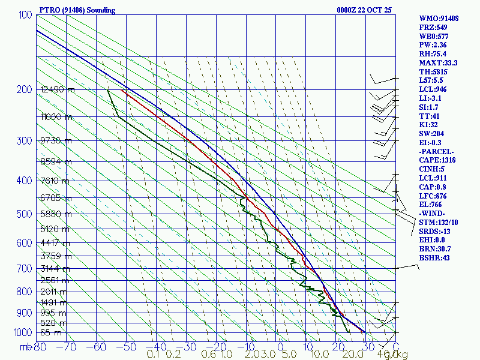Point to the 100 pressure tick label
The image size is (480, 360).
(x=26, y=14)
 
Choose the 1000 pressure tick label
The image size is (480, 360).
(x=23, y=332)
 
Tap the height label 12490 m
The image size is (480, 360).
(x=58, y=90)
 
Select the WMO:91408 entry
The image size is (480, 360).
(x=439, y=19)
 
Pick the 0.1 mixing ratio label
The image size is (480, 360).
(x=153, y=355)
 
